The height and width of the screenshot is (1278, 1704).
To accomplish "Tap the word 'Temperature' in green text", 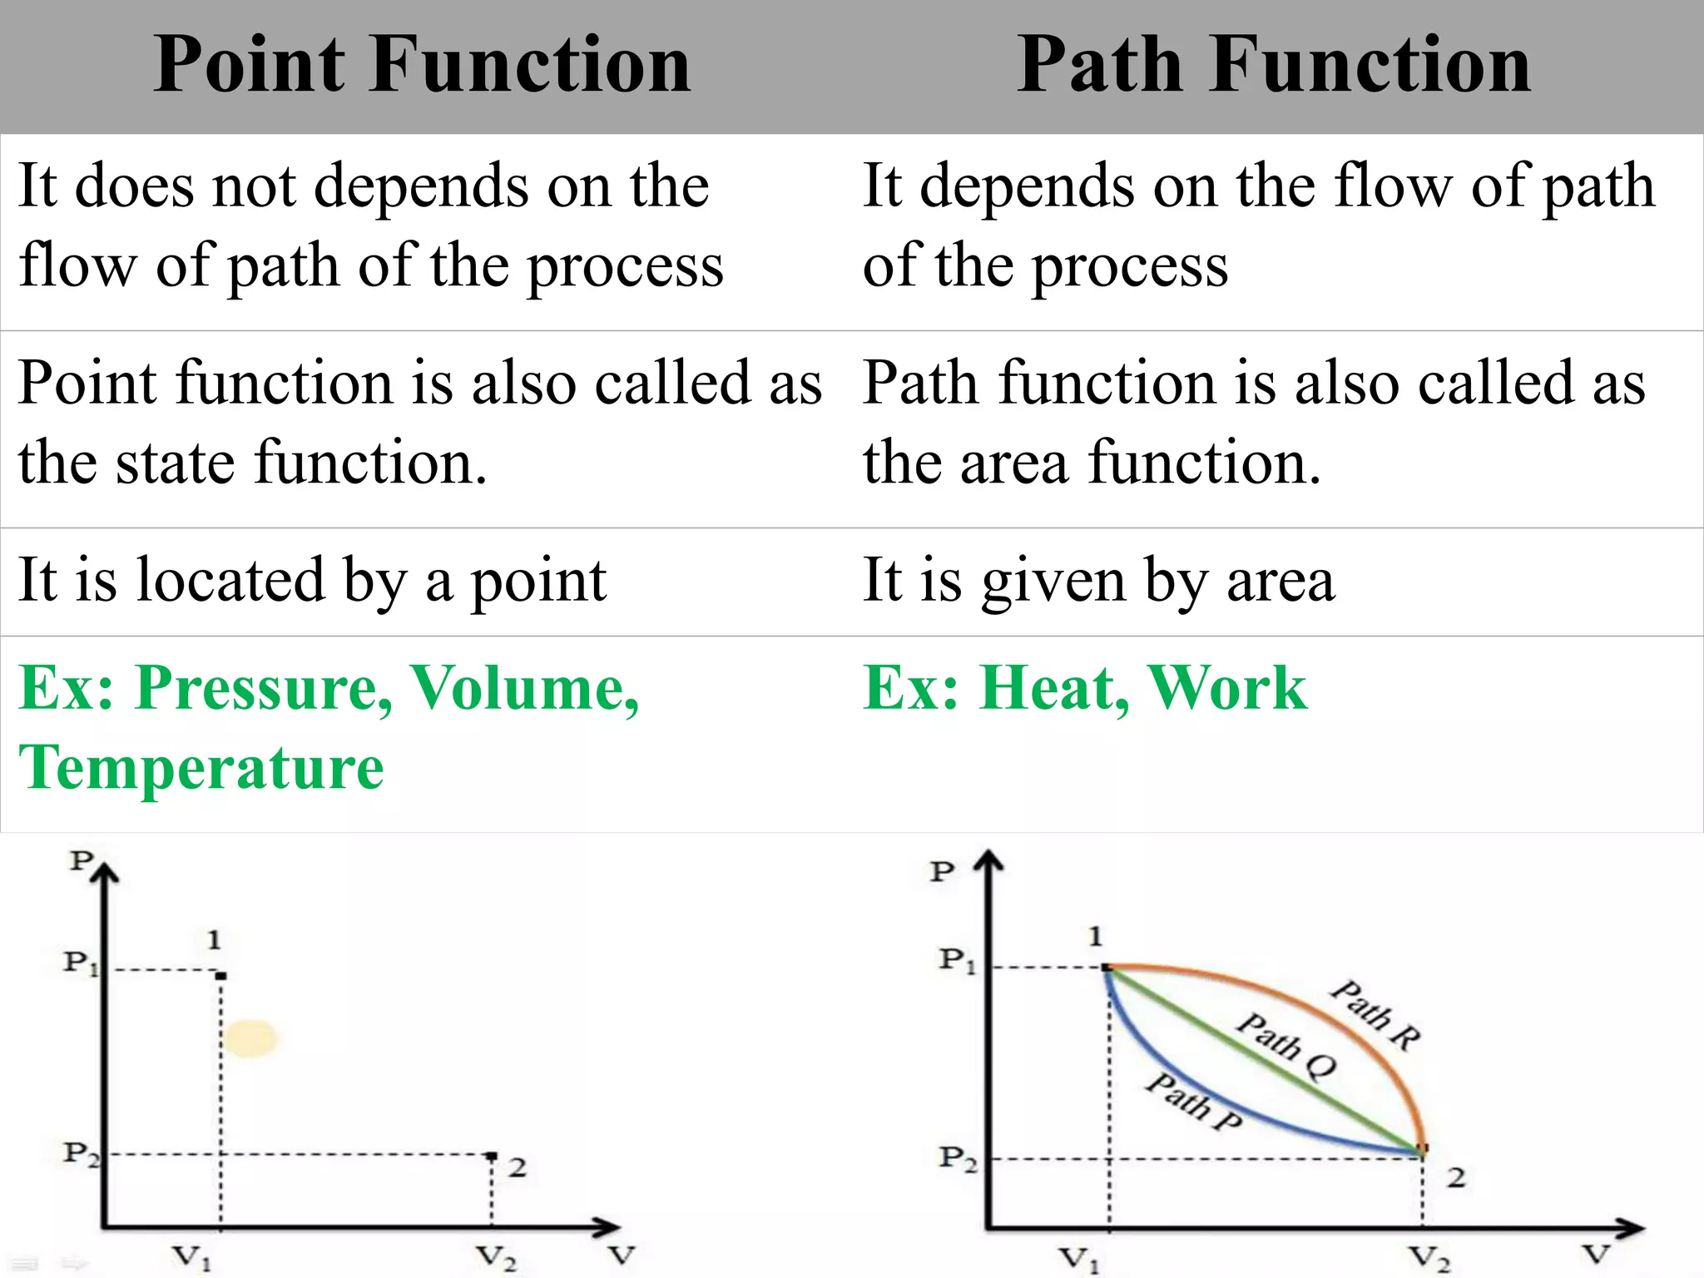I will (x=201, y=767).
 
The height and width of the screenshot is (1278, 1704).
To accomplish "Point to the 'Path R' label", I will (x=1375, y=1015).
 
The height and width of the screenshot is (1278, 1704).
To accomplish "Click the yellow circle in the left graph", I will (x=250, y=1038).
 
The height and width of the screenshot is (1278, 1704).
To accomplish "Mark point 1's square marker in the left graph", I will (x=221, y=974).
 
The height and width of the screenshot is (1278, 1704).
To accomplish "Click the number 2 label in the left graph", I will (x=518, y=1167).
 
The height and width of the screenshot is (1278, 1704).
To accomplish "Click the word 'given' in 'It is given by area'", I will (x=1053, y=580).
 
